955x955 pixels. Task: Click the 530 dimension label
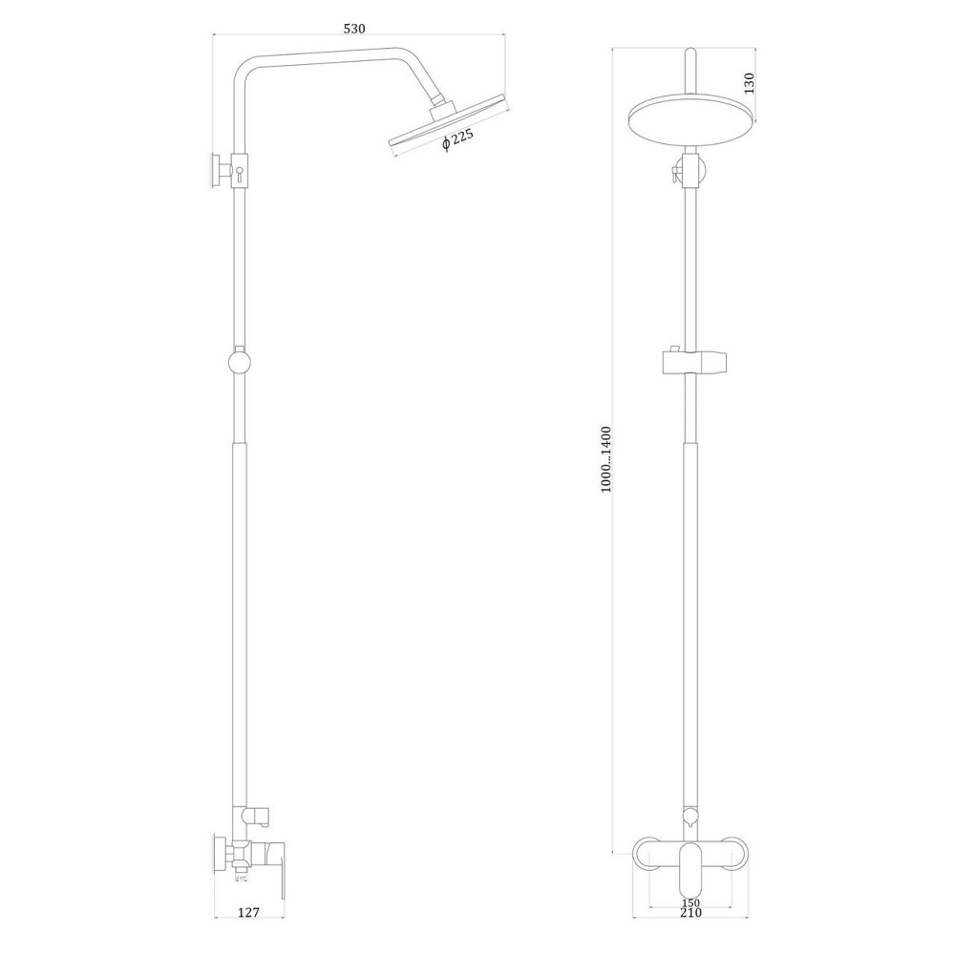355,29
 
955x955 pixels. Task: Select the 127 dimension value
248,912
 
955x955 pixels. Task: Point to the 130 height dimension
749,82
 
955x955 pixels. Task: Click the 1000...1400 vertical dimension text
607,458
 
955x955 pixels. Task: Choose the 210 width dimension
690,912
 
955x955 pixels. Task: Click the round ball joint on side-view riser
240,363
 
